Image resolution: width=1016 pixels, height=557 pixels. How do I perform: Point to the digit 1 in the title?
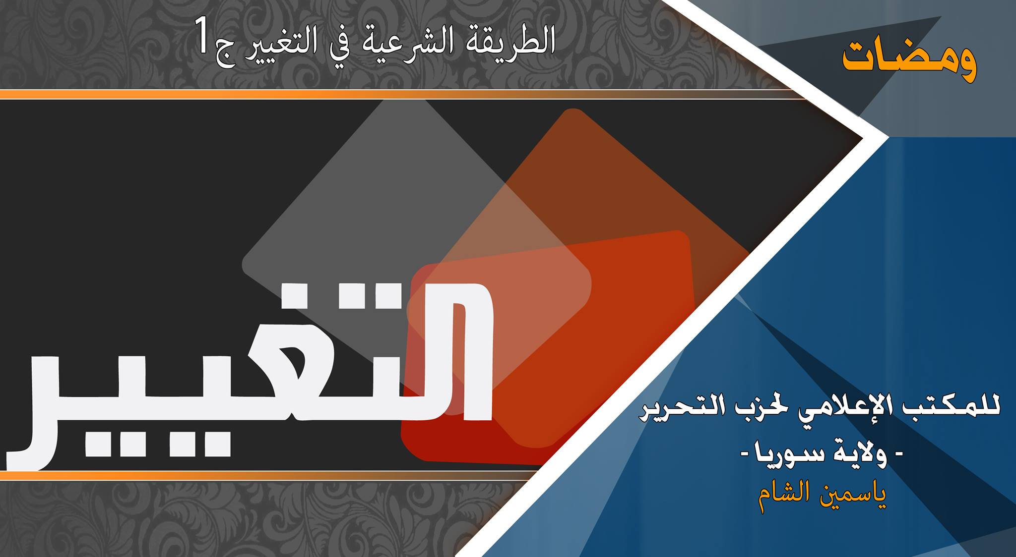click(x=203, y=36)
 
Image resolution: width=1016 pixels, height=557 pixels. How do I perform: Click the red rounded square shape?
click(x=548, y=347)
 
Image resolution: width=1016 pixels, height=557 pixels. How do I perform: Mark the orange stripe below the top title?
click(x=397, y=94)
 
